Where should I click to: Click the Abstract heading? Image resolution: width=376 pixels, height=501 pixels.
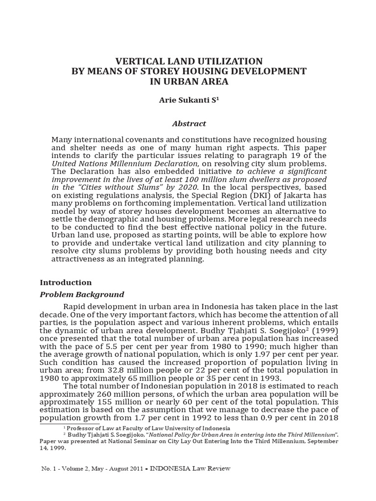coord(188,124)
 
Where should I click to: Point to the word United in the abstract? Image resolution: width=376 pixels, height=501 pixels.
coord(65,163)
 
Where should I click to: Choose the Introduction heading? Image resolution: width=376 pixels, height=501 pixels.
coord(66,283)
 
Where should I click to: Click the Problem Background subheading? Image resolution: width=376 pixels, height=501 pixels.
coord(82,295)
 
